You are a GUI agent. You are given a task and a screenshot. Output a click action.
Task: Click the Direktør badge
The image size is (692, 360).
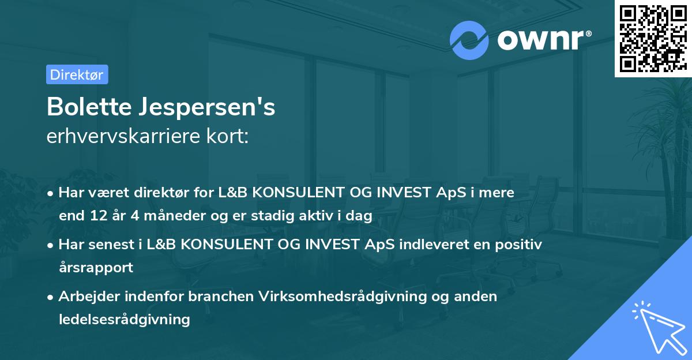point(77,74)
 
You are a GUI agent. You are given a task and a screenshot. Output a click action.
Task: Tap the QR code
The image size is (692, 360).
point(652,38)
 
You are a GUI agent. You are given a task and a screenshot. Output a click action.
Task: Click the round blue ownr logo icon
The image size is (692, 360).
point(469,40)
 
